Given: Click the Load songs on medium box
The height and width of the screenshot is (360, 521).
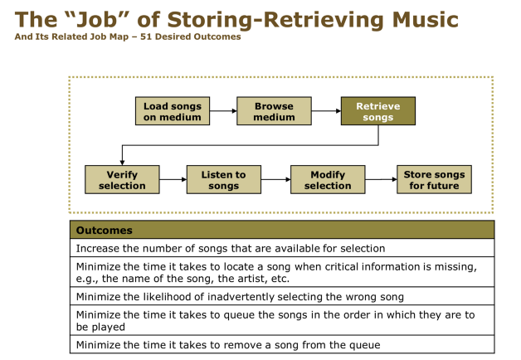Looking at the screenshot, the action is (x=173, y=111).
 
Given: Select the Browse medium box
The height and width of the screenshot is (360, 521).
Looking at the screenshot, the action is (x=274, y=111).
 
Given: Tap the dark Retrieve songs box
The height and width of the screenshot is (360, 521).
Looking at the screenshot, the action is (x=378, y=111).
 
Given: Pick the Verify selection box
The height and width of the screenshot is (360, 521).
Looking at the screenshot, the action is (x=122, y=179).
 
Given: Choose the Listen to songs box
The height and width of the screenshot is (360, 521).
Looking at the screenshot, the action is (x=224, y=179).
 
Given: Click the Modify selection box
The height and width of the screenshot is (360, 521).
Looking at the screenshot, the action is (x=328, y=179).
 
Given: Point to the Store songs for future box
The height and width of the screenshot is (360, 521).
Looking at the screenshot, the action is (x=434, y=179).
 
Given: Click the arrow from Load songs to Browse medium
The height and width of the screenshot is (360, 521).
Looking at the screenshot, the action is (x=223, y=111).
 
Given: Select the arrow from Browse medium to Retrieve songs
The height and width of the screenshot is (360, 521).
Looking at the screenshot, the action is (x=326, y=111).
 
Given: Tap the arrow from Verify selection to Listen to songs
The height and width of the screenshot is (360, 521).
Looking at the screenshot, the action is (x=173, y=179).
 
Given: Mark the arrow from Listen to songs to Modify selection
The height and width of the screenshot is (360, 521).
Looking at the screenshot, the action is (x=275, y=179).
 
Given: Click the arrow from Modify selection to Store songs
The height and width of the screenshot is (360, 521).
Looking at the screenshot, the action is (x=381, y=179).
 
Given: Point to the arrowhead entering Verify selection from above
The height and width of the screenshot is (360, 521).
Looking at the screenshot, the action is (x=122, y=163).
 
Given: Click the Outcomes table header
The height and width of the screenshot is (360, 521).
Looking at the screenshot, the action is (x=282, y=230).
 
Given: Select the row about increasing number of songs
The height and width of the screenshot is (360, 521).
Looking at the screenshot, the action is (x=282, y=248).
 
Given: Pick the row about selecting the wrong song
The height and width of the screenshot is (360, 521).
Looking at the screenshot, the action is (x=282, y=296).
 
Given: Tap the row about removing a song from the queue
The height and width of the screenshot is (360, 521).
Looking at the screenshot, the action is (x=282, y=345).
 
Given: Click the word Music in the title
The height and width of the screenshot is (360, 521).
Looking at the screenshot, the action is (x=426, y=20).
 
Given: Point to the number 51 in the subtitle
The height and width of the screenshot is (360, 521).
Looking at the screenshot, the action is (x=145, y=36).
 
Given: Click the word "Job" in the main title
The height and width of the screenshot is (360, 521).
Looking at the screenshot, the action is (x=97, y=20).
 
